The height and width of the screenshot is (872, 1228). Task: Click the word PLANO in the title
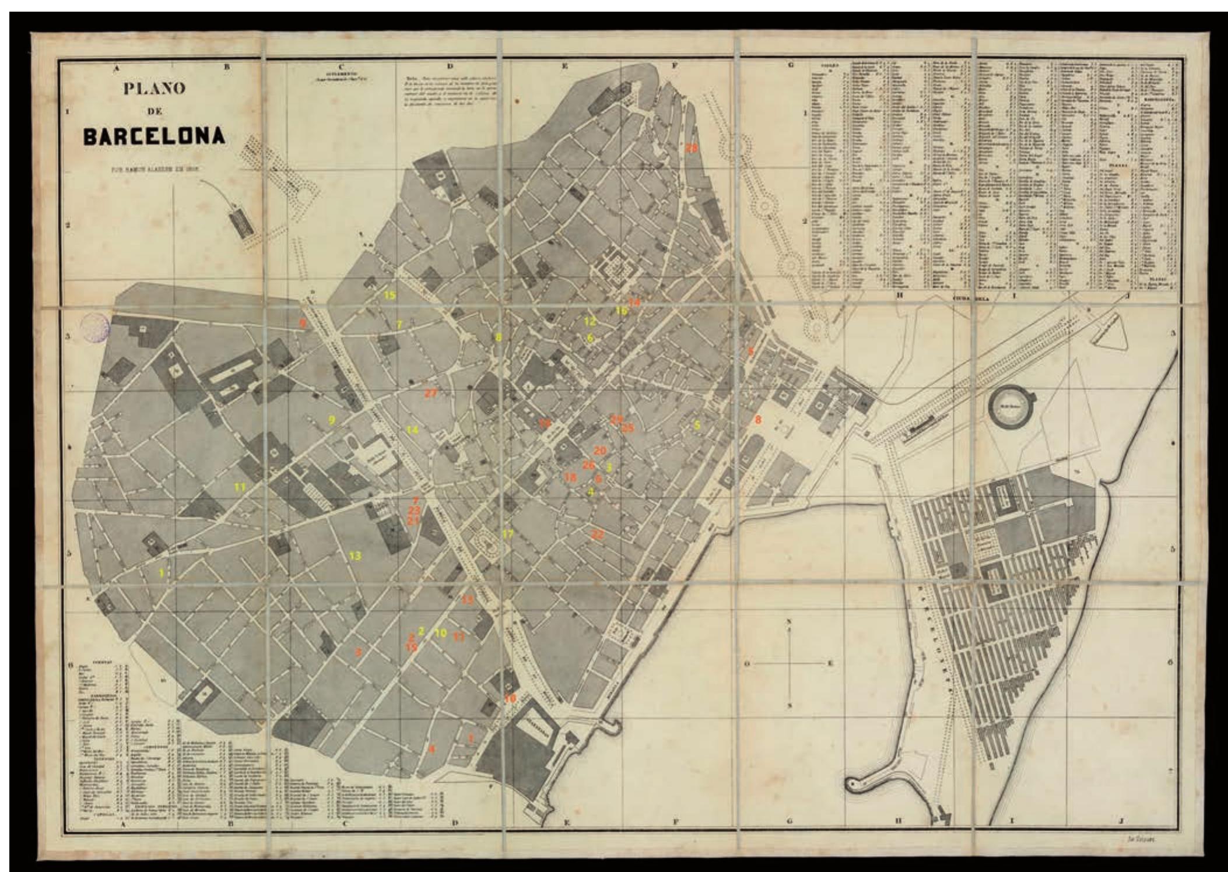click(154, 89)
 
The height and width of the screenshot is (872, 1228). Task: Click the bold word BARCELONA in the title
click(154, 136)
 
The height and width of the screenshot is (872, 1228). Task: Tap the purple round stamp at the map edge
click(96, 326)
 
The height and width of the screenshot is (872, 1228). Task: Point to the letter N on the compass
click(790, 621)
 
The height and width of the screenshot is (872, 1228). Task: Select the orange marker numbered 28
click(691, 148)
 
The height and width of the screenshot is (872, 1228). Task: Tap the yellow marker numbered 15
click(389, 295)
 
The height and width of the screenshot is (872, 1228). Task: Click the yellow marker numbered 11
click(240, 486)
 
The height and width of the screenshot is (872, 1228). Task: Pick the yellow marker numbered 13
click(355, 555)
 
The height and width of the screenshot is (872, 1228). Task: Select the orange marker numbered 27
click(430, 393)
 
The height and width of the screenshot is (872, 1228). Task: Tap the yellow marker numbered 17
click(507, 533)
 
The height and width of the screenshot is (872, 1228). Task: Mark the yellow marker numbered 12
click(590, 321)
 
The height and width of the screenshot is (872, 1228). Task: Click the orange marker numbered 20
click(600, 451)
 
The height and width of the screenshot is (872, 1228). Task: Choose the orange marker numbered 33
click(468, 599)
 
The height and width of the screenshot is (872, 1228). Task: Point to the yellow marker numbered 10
click(440, 633)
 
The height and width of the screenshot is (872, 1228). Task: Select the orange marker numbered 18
click(570, 477)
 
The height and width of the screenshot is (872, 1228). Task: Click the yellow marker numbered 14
click(412, 430)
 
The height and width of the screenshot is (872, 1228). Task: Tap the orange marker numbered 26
click(589, 465)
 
